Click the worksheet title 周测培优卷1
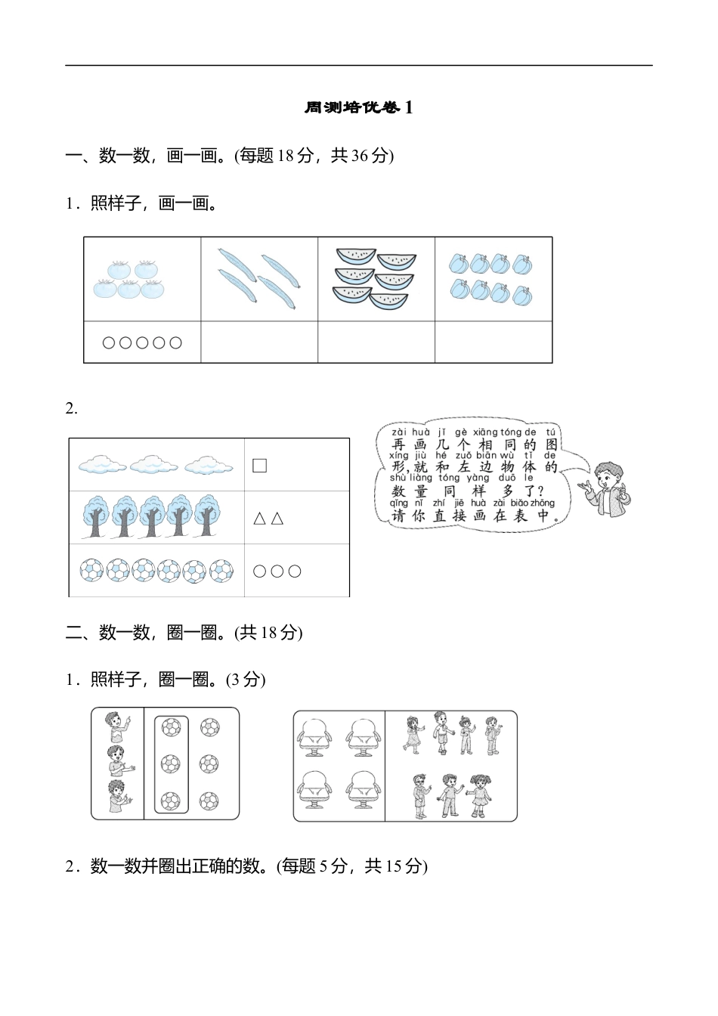tap(358, 108)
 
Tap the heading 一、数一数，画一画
tap(148, 156)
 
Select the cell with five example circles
tap(142, 342)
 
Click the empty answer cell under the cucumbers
tap(259, 342)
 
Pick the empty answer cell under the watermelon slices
tap(376, 342)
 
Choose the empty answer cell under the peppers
tap(494, 342)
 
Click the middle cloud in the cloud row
tap(154, 464)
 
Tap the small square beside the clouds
tap(259, 465)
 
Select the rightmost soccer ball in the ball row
tap(221, 571)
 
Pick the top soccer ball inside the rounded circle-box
tap(171, 728)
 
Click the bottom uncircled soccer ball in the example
tap(209, 800)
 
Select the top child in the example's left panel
tap(116, 728)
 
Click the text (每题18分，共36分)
tap(314, 156)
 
